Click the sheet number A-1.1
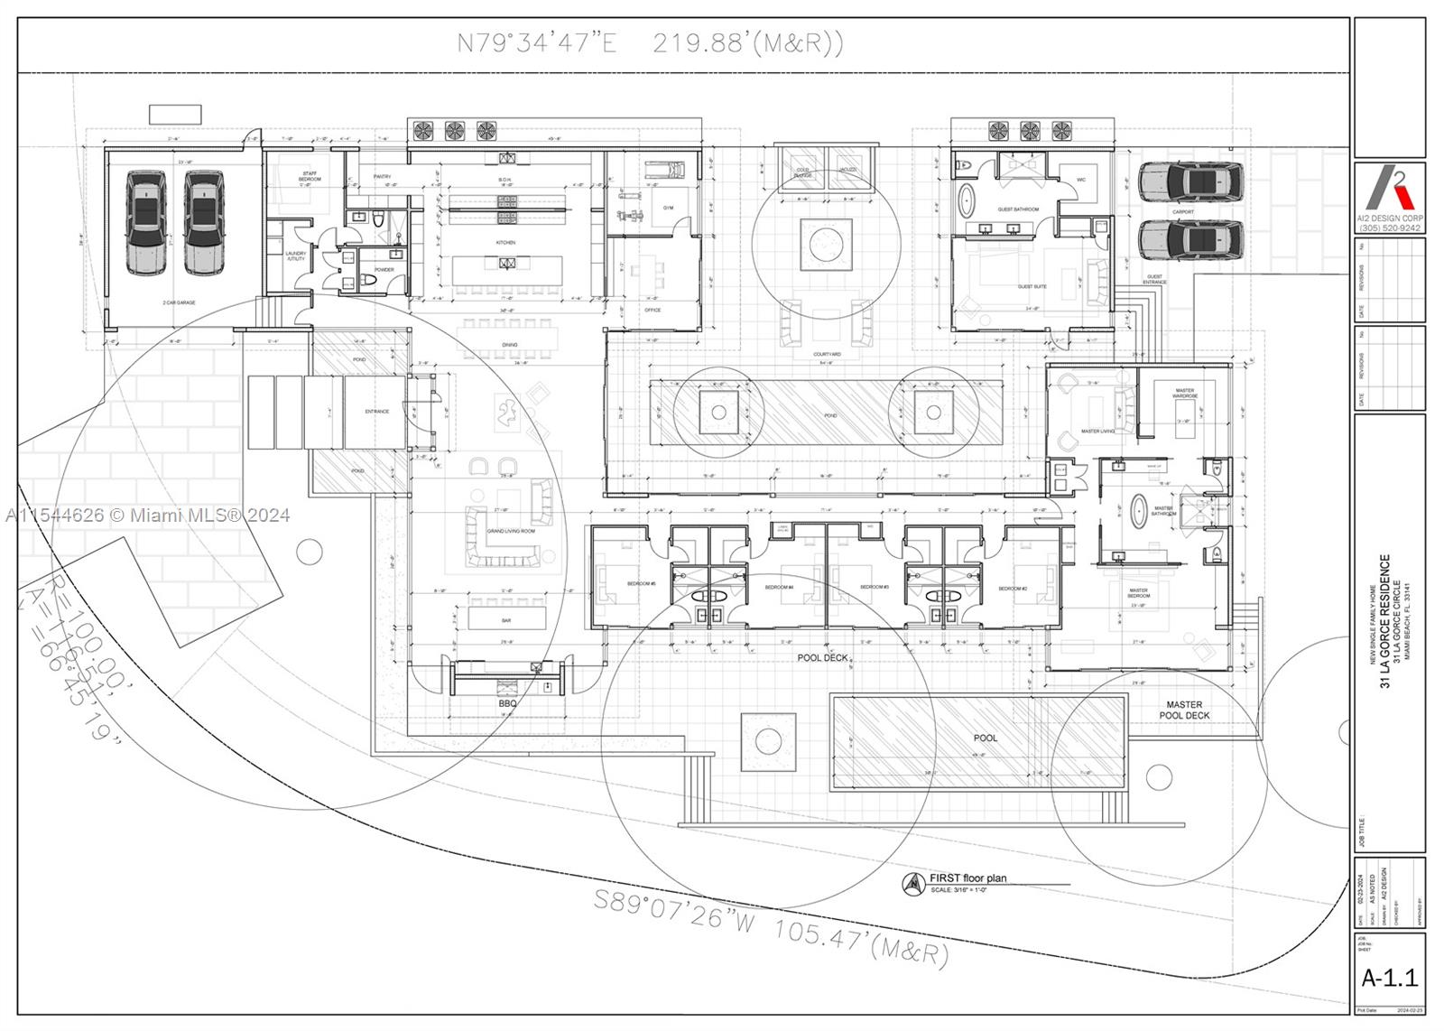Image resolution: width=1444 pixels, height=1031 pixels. coord(1389,977)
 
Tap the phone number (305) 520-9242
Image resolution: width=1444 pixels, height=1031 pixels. coord(1390,228)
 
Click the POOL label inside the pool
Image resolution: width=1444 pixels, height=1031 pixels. coord(986,738)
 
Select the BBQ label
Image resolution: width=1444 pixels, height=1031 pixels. coord(507,702)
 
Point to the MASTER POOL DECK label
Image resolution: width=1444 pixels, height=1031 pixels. coord(1184,711)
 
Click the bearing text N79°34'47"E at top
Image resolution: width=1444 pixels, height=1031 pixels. coord(537,43)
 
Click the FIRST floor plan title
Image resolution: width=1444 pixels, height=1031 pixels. coord(967,878)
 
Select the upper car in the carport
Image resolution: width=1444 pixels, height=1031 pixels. coord(1189,182)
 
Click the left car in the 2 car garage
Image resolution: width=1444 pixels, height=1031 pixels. coord(146,222)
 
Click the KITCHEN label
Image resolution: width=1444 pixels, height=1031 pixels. coord(505,243)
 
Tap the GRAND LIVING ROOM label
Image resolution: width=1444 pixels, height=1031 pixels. coord(511,532)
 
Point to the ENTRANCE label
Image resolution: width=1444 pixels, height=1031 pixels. coord(376,412)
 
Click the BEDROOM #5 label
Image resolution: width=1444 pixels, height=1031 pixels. coord(641,584)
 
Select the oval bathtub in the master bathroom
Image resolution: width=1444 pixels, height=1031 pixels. coord(1138,510)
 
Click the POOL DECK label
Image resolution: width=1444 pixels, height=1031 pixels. coord(822,658)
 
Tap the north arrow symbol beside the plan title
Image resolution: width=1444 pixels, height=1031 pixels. coord(914,884)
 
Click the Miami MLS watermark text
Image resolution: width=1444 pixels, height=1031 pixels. coord(147,515)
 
